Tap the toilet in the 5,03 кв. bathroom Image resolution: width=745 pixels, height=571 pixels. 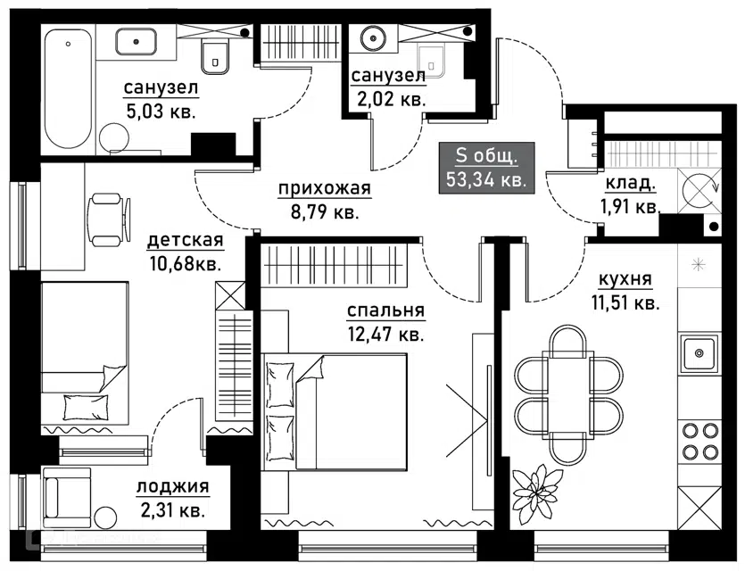[215, 55]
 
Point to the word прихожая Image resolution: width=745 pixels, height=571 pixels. [324, 189]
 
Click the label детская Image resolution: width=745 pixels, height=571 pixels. [185, 241]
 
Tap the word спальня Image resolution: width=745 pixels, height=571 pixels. [386, 311]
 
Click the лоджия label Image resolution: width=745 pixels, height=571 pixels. [173, 487]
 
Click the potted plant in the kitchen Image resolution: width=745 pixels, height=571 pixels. [539, 489]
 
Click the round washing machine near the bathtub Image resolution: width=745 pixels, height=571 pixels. [115, 141]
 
